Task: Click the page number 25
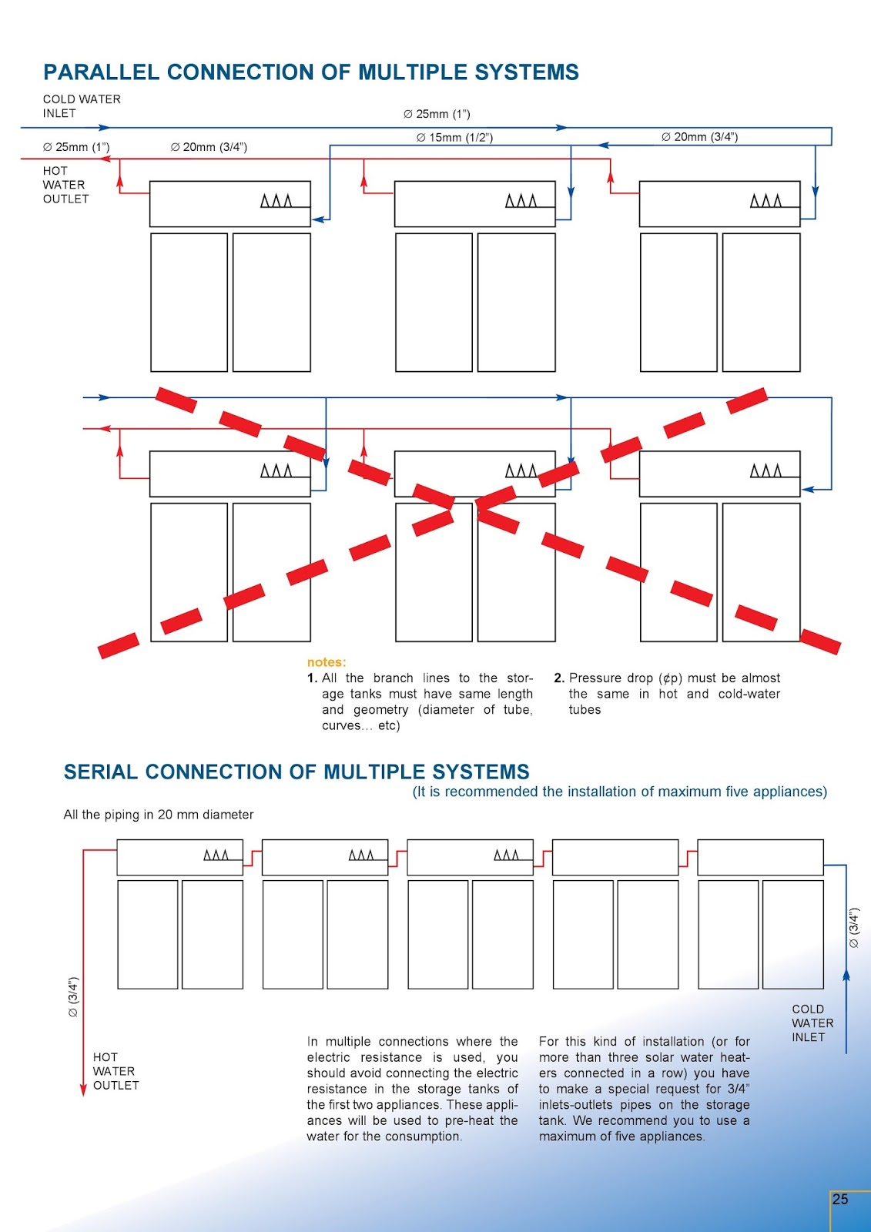[840, 1199]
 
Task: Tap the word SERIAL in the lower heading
[101, 772]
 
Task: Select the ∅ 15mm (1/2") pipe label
[454, 138]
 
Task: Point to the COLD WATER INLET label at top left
[82, 106]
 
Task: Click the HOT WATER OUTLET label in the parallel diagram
[65, 185]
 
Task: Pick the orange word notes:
[327, 662]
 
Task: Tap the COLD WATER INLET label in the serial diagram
[812, 1023]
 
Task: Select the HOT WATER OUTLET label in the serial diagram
[116, 1071]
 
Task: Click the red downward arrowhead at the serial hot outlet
[83, 1090]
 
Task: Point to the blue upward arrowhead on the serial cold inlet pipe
[846, 976]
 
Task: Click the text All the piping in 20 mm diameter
[159, 815]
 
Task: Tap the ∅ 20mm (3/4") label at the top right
[699, 137]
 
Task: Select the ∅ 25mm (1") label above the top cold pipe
[437, 114]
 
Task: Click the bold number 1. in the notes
[312, 678]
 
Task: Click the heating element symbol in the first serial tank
[216, 855]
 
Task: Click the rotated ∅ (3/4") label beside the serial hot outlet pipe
[73, 997]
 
